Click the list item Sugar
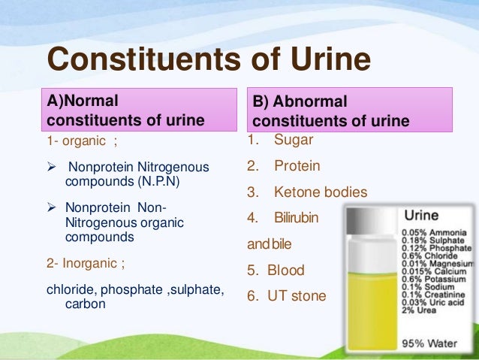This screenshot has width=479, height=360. (294, 140)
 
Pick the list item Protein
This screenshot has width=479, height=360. (297, 166)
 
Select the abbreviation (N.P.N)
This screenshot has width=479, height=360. (157, 181)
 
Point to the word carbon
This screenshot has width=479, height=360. (85, 304)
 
